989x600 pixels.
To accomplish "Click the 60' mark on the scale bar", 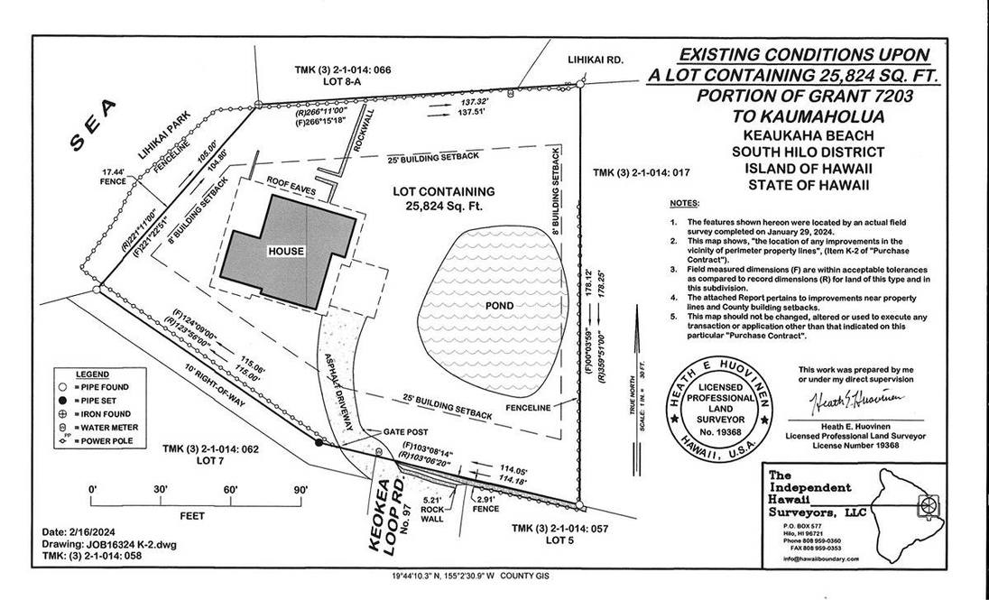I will (230, 489).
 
